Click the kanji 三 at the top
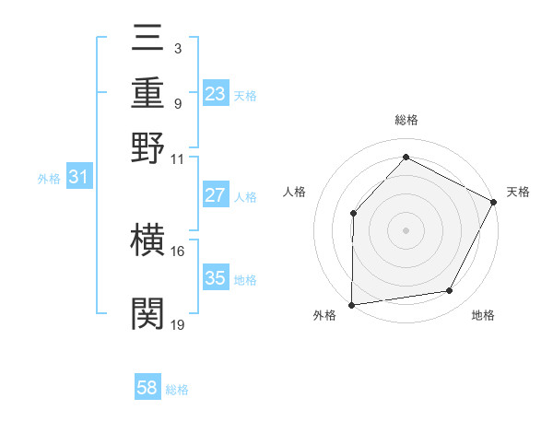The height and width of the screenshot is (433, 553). [x=148, y=41]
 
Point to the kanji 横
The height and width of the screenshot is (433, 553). [x=148, y=241]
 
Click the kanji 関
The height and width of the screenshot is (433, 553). [x=148, y=313]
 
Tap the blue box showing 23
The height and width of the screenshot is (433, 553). [x=216, y=94]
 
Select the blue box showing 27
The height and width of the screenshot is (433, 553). [x=216, y=195]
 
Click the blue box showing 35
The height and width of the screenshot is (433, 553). [x=216, y=278]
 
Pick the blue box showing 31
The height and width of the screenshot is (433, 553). [x=78, y=178]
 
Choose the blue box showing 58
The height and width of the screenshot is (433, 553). [x=147, y=388]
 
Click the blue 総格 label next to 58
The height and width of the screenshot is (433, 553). [x=177, y=390]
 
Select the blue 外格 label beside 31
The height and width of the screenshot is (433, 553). [x=49, y=179]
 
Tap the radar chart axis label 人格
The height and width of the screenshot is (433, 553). [x=295, y=192]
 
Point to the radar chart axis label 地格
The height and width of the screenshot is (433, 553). [x=483, y=315]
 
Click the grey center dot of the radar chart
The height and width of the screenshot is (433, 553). [x=406, y=228]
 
